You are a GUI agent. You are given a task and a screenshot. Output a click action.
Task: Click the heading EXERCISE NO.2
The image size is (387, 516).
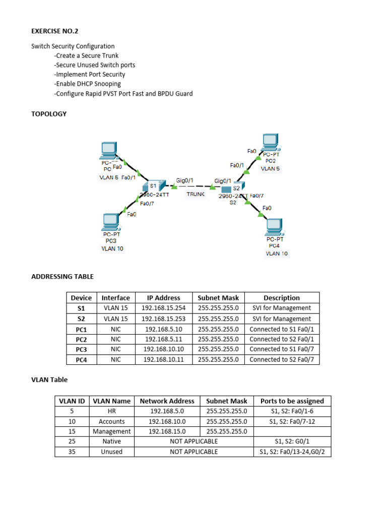pyautogui.click(x=55, y=31)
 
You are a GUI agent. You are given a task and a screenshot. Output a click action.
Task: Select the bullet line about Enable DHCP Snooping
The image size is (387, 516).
pyautogui.click(x=88, y=84)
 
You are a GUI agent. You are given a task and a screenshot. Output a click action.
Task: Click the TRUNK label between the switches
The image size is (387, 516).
pyautogui.click(x=196, y=194)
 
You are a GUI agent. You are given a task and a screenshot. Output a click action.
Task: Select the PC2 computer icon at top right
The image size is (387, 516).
pyautogui.click(x=271, y=142)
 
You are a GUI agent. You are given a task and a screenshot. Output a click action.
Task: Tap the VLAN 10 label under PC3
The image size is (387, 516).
pyautogui.click(x=112, y=248)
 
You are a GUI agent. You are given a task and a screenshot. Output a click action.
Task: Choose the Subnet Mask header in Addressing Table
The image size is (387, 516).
pyautogui.click(x=218, y=298)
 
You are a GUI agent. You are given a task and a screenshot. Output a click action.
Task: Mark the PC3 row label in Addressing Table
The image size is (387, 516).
pyautogui.click(x=81, y=349)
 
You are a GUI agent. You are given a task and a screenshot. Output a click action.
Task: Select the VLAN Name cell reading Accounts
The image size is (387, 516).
pyautogui.click(x=111, y=421)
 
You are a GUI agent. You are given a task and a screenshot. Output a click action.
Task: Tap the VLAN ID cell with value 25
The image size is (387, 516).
pyautogui.click(x=72, y=441)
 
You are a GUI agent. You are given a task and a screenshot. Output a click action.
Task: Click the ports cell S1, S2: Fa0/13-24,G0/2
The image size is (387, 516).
pyautogui.click(x=292, y=451)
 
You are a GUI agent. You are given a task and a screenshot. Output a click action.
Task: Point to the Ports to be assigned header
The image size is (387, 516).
pyautogui.click(x=292, y=401)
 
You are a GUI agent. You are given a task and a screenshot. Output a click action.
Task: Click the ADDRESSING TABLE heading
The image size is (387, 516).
pyautogui.click(x=62, y=276)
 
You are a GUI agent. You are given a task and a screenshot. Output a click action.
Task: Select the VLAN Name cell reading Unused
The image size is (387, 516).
pyautogui.click(x=111, y=451)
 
